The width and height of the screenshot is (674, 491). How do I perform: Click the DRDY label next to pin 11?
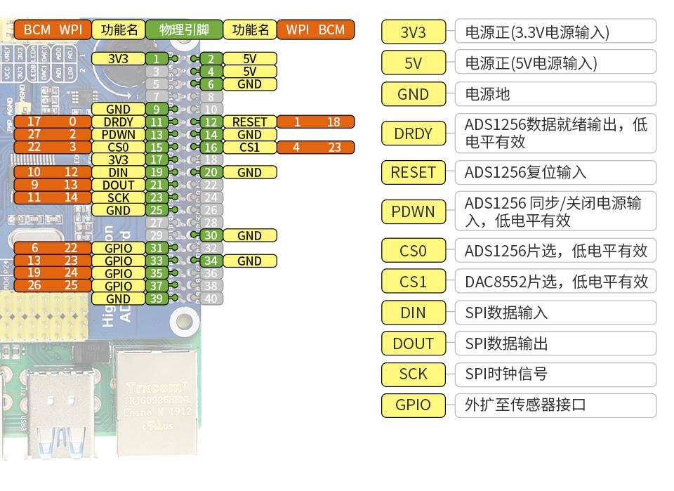118,122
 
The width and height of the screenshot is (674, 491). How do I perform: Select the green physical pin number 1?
157,58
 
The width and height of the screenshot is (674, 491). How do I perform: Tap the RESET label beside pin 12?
249,122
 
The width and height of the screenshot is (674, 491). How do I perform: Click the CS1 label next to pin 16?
249,147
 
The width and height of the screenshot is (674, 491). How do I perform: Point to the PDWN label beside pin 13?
118,134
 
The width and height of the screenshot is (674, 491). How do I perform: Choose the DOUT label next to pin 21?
118,185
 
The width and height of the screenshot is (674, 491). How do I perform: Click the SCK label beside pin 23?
118,197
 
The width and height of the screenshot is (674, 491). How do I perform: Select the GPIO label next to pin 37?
118,286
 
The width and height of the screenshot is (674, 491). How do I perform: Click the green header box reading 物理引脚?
184,30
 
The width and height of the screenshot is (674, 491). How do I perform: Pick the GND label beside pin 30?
249,235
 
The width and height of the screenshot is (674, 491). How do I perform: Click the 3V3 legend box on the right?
414,32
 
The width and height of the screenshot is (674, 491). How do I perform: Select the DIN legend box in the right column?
414,313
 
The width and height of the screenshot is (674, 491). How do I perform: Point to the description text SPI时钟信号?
505,374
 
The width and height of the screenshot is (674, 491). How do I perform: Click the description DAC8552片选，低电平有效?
555,282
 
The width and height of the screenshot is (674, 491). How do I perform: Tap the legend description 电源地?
487,94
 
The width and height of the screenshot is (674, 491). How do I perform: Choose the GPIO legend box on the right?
414,405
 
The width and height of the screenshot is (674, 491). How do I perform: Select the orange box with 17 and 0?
53,122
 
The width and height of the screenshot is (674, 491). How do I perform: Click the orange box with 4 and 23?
315,147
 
